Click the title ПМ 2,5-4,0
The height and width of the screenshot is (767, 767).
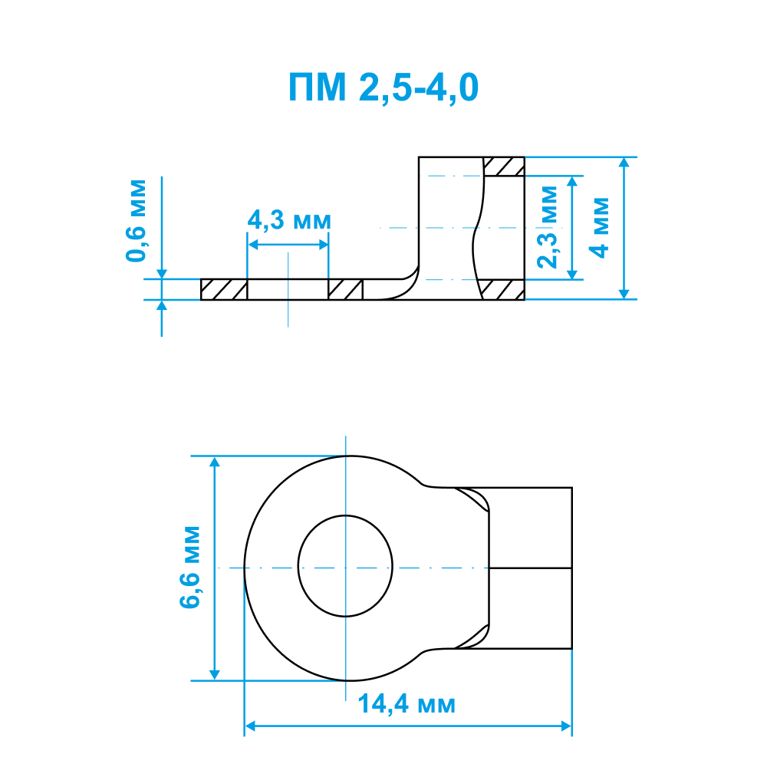point(383,88)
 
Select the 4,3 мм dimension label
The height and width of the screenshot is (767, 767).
point(289,220)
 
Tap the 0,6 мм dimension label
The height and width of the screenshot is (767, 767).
point(136,221)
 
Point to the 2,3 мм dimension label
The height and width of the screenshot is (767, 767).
point(548,227)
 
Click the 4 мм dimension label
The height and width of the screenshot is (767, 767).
point(599,228)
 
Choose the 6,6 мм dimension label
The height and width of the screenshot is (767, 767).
point(189,568)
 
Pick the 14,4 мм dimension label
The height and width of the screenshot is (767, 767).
point(407,704)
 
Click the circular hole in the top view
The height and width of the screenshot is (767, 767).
point(345,566)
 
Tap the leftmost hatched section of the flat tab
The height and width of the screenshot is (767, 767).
point(224,289)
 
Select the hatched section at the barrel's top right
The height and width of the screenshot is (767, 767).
point(504,166)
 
